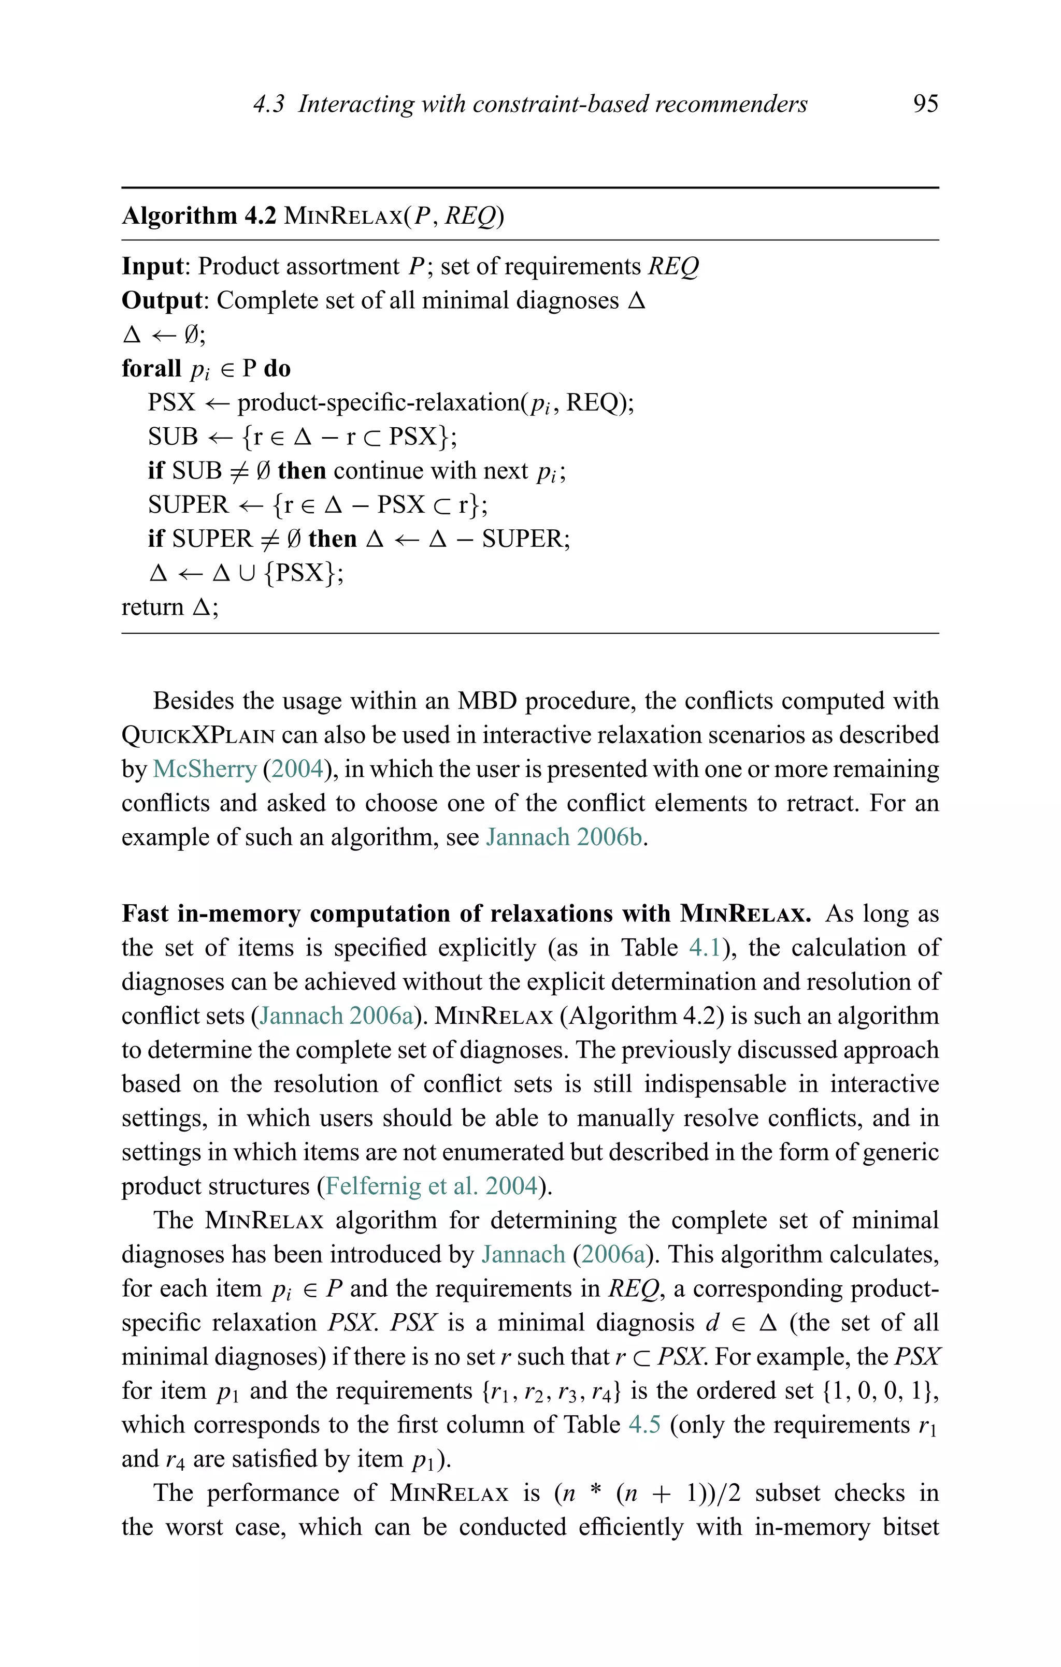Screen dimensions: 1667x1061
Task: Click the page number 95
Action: point(925,104)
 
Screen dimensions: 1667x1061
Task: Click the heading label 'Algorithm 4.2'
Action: point(199,216)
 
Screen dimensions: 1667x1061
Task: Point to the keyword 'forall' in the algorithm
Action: point(151,368)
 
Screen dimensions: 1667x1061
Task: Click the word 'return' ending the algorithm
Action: point(152,607)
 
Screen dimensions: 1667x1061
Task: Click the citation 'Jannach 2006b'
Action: point(565,837)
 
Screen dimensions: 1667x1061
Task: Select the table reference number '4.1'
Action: point(706,948)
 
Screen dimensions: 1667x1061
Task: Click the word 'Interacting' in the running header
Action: point(356,104)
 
